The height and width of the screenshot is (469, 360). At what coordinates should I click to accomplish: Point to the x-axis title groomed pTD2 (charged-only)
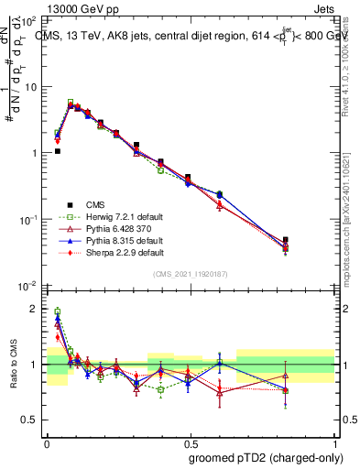(x=267, y=455)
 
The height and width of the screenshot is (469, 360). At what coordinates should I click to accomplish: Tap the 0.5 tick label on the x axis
(x=190, y=441)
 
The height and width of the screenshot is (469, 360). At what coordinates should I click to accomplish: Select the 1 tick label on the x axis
(x=333, y=441)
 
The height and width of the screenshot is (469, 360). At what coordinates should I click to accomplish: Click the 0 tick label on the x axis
(x=47, y=441)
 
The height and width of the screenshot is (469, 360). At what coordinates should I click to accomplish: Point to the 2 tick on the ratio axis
(x=35, y=309)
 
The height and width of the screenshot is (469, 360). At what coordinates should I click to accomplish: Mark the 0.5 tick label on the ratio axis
(x=29, y=420)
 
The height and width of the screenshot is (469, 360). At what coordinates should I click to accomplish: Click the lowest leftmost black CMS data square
(x=57, y=151)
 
